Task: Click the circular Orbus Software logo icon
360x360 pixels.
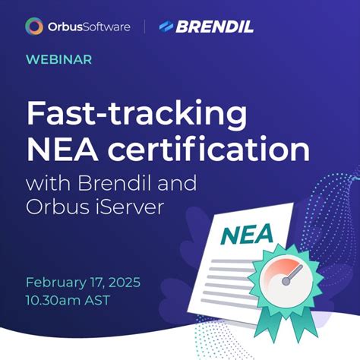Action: click(33, 27)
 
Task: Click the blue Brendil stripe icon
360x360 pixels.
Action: click(166, 27)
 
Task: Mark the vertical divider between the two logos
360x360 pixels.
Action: click(145, 27)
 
